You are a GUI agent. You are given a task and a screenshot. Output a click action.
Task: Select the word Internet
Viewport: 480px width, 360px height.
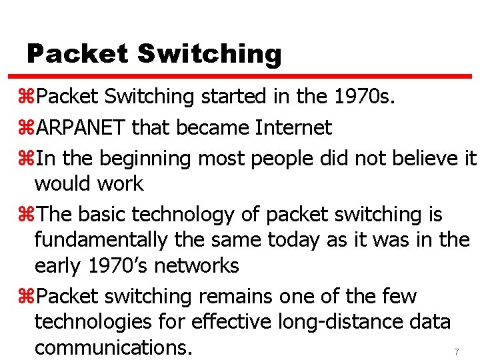click(x=293, y=127)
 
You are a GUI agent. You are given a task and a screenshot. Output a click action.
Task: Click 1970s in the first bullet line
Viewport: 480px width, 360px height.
click(x=363, y=97)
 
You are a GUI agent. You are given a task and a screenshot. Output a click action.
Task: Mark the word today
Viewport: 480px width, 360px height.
click(x=327, y=239)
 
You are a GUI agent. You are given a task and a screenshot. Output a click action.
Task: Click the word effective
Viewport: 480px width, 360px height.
click(x=230, y=321)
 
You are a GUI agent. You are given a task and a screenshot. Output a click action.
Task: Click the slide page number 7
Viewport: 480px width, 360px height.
click(x=457, y=351)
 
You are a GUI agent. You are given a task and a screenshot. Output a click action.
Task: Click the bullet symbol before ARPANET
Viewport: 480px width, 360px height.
click(x=29, y=128)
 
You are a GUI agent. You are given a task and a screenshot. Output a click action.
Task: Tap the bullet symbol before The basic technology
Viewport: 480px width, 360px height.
click(x=29, y=215)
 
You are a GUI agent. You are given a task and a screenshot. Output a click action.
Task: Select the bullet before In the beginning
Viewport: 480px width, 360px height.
click(x=29, y=159)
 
